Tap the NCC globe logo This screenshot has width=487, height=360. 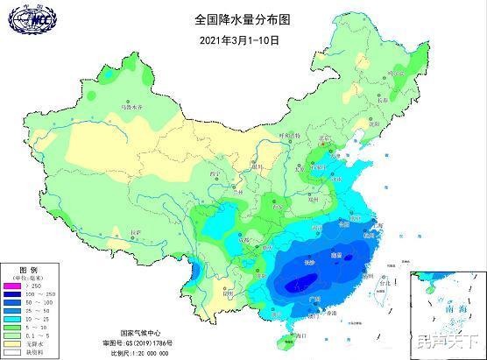click(x=25, y=19)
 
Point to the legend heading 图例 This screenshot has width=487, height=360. click(x=30, y=269)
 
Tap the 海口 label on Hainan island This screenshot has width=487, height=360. click(x=301, y=335)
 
